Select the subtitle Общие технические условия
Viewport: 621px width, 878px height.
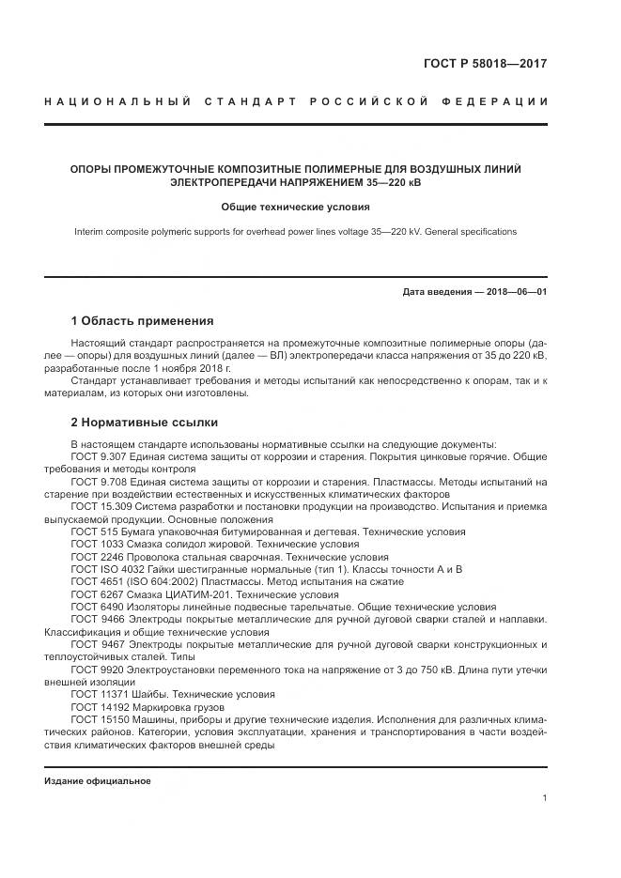pyautogui.click(x=296, y=207)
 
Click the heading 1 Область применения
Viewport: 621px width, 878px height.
pyautogui.click(x=142, y=321)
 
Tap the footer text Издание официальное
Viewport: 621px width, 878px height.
pyautogui.click(x=98, y=781)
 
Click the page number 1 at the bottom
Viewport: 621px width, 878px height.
pyautogui.click(x=545, y=798)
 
